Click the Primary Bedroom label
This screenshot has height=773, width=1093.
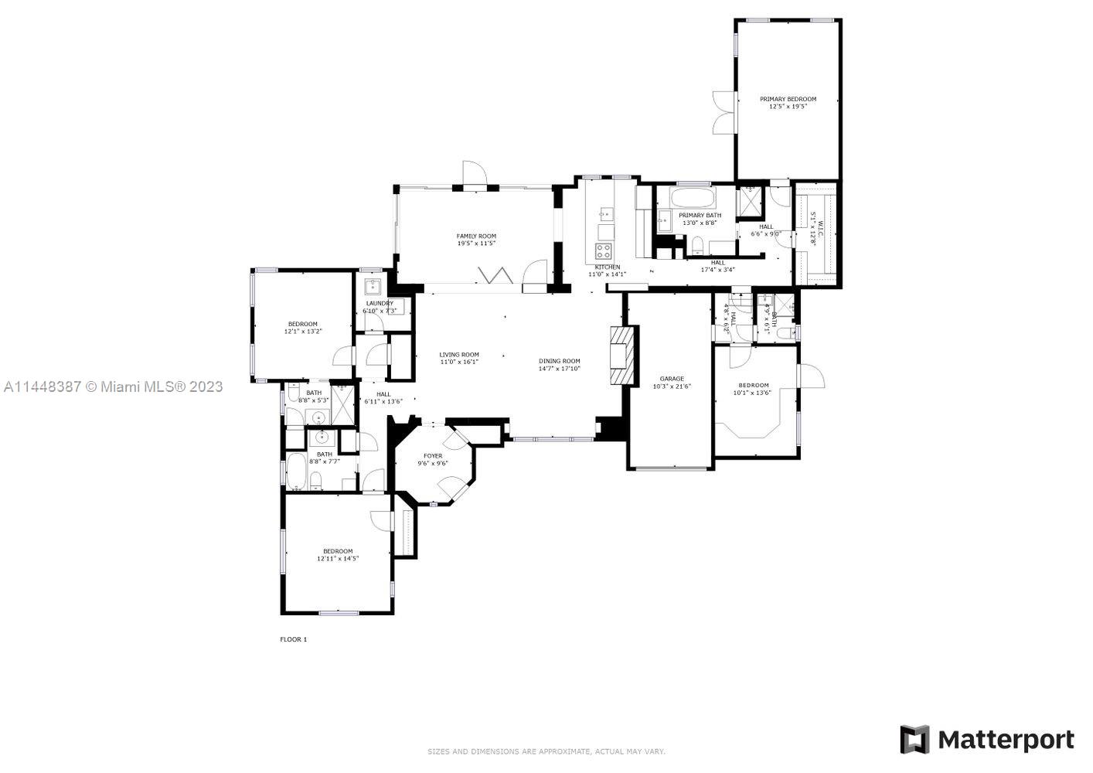(788, 99)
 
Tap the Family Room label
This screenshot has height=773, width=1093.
(476, 236)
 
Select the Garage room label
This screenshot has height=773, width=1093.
(671, 379)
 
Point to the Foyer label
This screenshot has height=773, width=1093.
(433, 456)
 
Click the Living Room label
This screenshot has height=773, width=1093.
(459, 355)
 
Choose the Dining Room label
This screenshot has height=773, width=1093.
(559, 361)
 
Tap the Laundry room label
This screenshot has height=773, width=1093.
(380, 303)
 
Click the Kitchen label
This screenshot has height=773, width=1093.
(607, 267)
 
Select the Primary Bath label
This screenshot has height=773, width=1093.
(700, 215)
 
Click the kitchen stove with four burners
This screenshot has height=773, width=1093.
(603, 250)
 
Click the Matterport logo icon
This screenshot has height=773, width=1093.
(915, 740)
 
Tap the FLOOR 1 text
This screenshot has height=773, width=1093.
(293, 639)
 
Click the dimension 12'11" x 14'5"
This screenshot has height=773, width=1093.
(338, 558)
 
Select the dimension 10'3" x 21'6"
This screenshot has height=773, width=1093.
(671, 386)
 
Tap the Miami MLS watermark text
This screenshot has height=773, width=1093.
(113, 386)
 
